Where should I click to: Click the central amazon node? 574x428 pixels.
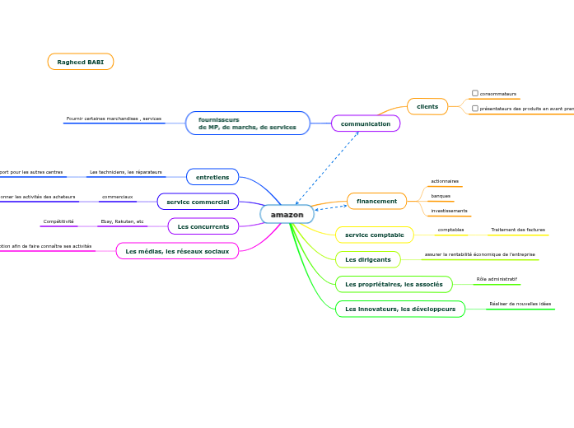tap(287, 214)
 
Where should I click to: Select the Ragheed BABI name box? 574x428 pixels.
tap(80, 62)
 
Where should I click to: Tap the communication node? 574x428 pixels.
tap(366, 123)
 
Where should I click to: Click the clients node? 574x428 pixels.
tap(427, 106)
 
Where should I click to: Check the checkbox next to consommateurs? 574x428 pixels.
tap(475, 93)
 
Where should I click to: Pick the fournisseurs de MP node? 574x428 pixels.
tap(248, 123)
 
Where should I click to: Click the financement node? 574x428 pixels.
tap(376, 201)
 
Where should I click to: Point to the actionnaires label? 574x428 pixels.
tap(445, 181)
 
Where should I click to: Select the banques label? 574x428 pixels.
tap(441, 196)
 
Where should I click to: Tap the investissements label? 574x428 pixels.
tap(449, 211)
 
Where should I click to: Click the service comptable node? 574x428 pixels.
tap(375, 235)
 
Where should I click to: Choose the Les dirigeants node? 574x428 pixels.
tap(368, 259)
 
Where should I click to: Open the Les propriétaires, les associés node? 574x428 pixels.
tap(394, 284)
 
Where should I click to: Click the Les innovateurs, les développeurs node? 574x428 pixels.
tap(400, 309)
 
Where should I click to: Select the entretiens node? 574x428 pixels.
tap(212, 177)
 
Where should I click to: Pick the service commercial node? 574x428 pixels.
tap(198, 202)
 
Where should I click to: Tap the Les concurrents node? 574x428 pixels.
tap(203, 226)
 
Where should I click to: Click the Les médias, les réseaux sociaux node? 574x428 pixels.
tap(177, 251)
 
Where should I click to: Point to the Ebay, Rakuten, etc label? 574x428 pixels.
tap(122, 221)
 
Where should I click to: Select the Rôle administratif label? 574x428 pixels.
tap(497, 279)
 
